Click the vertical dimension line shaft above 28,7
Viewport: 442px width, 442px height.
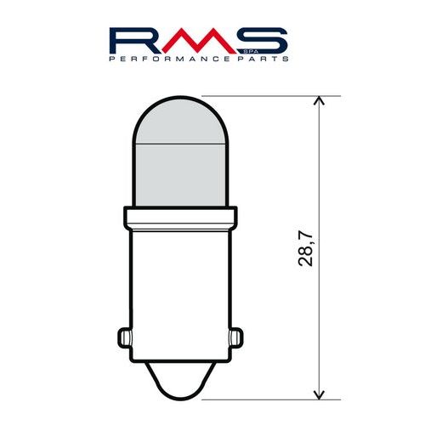point(320,170)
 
